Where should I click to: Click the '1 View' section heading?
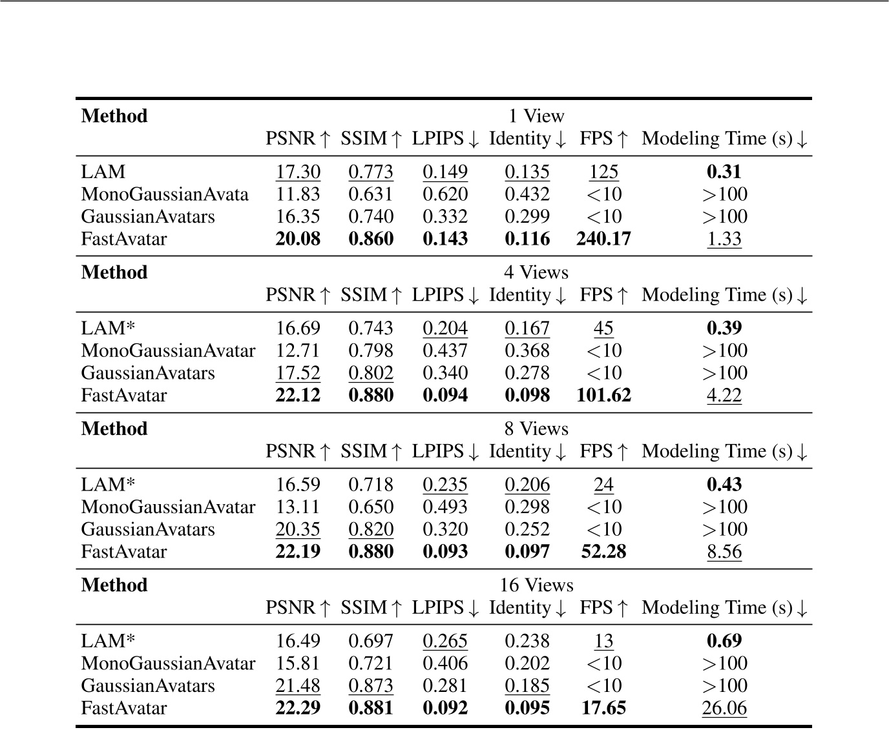click(536, 116)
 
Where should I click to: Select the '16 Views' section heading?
click(536, 585)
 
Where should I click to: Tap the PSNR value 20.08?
click(298, 239)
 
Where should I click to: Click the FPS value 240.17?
click(603, 239)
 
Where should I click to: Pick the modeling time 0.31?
click(724, 172)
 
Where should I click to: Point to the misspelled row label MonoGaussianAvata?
click(165, 194)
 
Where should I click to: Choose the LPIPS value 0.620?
click(445, 194)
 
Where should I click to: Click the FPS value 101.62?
click(603, 395)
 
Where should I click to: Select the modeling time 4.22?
click(724, 395)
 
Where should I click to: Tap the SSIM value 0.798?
click(371, 350)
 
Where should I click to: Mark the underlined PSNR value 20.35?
click(298, 529)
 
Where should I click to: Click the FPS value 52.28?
click(603, 552)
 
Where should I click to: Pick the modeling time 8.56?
click(724, 552)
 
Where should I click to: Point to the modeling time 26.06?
click(724, 708)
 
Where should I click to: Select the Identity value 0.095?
click(527, 708)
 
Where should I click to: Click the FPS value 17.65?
click(603, 708)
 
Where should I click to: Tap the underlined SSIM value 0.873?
click(371, 685)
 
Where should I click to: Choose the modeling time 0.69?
click(724, 641)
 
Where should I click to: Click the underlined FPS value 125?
click(603, 172)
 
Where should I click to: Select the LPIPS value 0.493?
click(445, 507)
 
